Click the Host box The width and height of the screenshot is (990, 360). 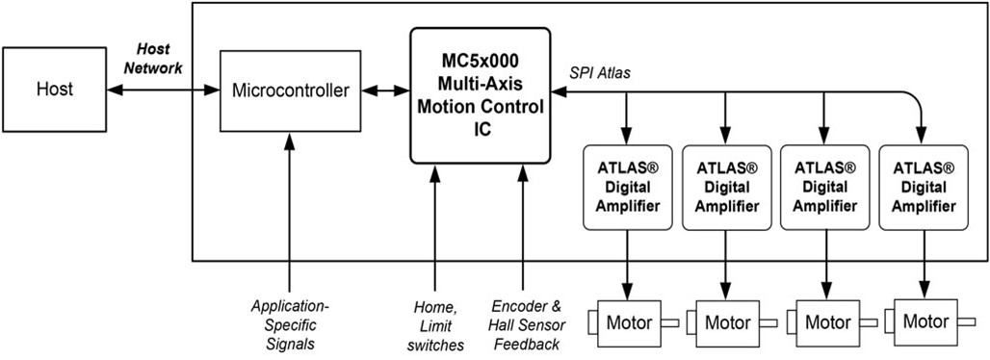point(54,90)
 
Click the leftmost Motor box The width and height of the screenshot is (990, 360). point(629,321)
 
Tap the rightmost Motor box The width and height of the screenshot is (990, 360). point(925,320)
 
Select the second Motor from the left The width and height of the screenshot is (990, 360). point(727,321)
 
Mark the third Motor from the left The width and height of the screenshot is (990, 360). point(825,321)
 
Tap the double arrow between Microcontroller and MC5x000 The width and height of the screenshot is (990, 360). point(384,91)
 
